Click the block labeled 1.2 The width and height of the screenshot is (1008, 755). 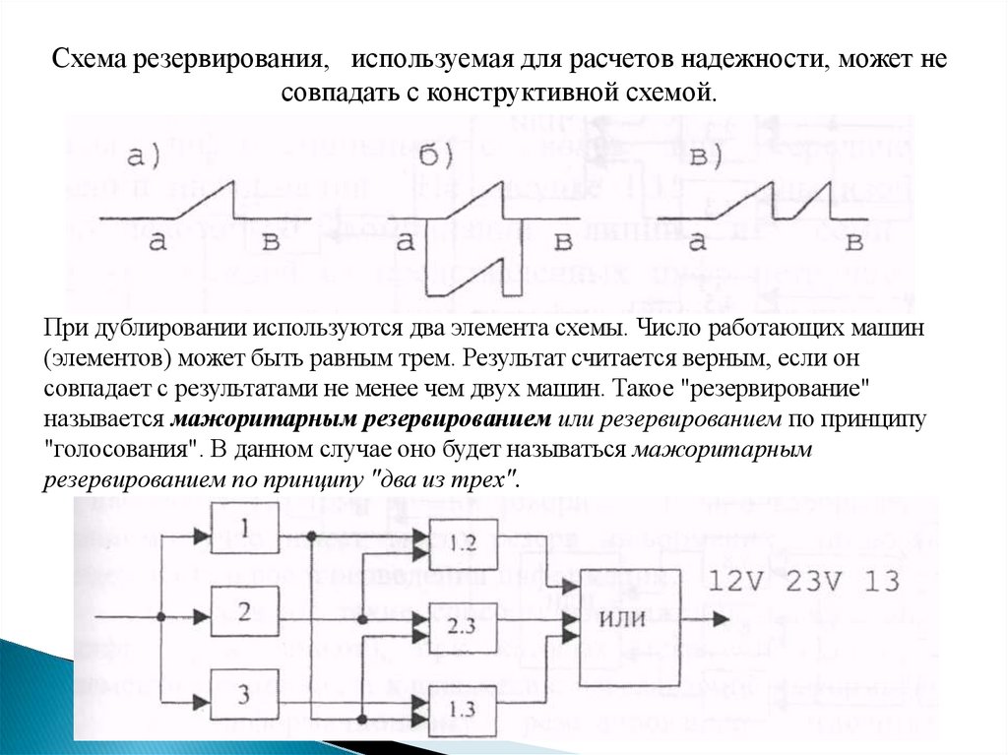click(x=463, y=542)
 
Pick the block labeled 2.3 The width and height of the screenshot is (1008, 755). click(x=463, y=625)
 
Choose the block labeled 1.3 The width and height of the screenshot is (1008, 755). click(x=463, y=707)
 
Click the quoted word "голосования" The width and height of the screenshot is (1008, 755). click(x=119, y=450)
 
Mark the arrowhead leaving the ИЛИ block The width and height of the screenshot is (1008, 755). click(x=723, y=618)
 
